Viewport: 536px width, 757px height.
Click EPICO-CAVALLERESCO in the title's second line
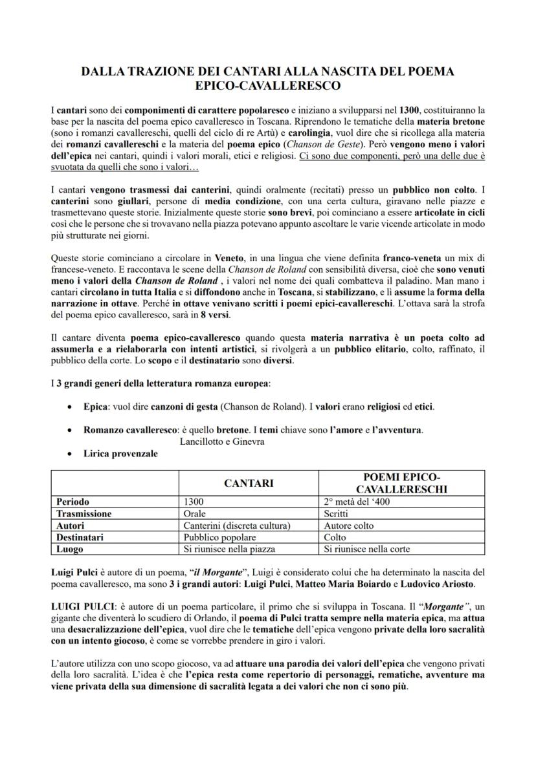tap(268, 85)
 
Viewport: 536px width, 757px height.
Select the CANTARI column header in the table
tap(249, 483)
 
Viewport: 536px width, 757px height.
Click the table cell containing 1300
tap(194, 502)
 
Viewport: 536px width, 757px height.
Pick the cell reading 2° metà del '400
tap(357, 502)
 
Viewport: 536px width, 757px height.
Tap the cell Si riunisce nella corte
tap(366, 549)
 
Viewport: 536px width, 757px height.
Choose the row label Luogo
tap(69, 549)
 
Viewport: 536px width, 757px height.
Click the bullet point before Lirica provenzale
tap(70, 454)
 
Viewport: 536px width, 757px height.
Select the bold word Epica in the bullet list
tap(95, 407)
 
